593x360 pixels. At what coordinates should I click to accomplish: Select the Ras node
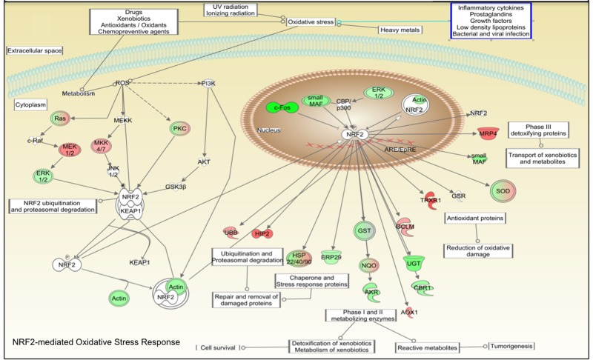(x=59, y=119)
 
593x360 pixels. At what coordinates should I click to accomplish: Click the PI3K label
(x=208, y=84)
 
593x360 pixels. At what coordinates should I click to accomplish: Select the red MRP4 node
(x=486, y=133)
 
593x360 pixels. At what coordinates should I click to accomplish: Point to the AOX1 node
(x=409, y=313)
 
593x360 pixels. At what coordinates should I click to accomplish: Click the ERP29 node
(x=331, y=257)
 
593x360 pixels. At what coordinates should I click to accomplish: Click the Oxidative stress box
(x=311, y=22)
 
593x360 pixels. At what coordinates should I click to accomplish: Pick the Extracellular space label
(x=35, y=50)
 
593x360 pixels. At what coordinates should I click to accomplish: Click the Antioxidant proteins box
(x=475, y=218)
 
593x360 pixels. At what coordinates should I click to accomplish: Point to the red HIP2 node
(x=262, y=234)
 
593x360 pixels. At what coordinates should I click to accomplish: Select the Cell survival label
(x=217, y=347)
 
